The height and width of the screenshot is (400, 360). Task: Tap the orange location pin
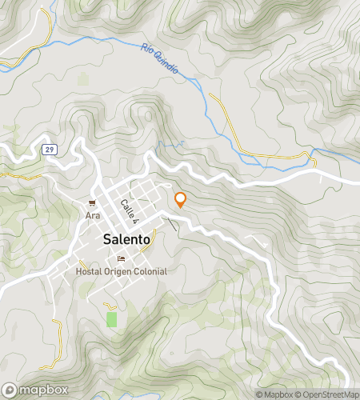[x=181, y=200]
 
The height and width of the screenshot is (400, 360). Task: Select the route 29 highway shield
[x=50, y=150]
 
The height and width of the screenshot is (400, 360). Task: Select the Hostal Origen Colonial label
[x=121, y=271]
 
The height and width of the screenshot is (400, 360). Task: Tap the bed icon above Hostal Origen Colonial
[x=121, y=258]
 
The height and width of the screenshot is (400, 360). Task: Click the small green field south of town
[x=111, y=319]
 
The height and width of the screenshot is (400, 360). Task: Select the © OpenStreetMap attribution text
[x=327, y=394]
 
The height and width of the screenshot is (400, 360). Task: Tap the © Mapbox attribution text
[x=274, y=394]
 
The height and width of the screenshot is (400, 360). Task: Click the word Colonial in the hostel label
[x=151, y=271]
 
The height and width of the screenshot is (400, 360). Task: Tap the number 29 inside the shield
[x=50, y=150]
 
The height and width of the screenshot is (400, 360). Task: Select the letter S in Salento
[x=108, y=239]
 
